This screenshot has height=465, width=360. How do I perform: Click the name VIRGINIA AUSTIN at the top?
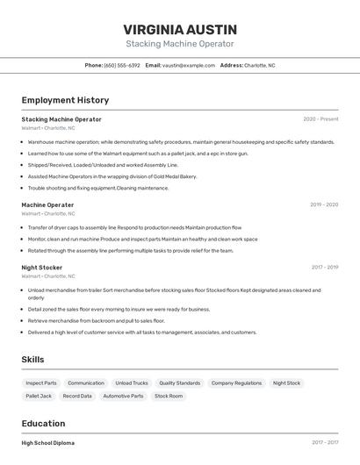click(x=179, y=29)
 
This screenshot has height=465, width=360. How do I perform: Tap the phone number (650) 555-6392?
click(x=121, y=65)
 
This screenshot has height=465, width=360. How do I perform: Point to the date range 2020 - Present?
click(x=320, y=119)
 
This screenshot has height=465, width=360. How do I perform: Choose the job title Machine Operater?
click(x=47, y=204)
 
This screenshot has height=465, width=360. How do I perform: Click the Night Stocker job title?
click(x=41, y=267)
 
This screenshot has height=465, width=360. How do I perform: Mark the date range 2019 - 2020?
click(x=323, y=204)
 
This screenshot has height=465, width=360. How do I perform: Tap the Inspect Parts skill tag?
click(x=41, y=383)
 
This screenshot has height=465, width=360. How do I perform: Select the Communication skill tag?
click(x=86, y=383)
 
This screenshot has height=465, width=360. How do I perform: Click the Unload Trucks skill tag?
click(x=132, y=383)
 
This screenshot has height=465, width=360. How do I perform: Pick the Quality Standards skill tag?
click(x=179, y=383)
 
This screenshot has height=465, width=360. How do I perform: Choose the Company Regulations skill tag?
click(x=236, y=383)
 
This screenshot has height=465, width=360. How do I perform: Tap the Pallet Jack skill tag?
click(x=39, y=396)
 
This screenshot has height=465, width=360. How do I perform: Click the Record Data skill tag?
click(x=77, y=396)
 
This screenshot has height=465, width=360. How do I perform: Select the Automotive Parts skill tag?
click(x=123, y=396)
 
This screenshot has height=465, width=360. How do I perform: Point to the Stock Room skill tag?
click(x=169, y=396)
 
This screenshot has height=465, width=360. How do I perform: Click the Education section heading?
click(x=43, y=423)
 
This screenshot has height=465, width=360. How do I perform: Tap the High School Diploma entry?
click(x=48, y=443)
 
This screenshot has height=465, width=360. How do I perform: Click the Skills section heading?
click(x=32, y=360)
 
